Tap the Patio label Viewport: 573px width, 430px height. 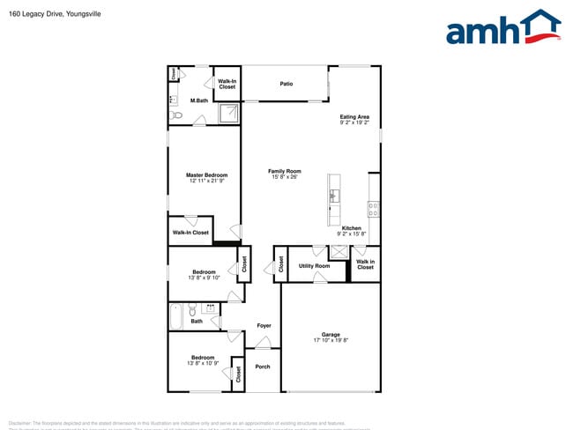[286, 84]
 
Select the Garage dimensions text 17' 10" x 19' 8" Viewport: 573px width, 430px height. [331, 340]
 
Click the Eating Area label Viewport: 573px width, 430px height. [354, 116]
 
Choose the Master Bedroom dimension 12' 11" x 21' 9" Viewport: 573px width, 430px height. [206, 181]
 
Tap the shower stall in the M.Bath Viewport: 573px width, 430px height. [229, 113]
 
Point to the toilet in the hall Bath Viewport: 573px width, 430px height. [192, 309]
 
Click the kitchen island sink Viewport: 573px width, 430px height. [334, 195]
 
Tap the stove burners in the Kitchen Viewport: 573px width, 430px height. [374, 209]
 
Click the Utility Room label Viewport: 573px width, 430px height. [314, 265]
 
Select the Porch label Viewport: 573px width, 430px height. [263, 367]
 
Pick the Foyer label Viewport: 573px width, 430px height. [264, 326]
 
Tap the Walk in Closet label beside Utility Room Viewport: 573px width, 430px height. [365, 264]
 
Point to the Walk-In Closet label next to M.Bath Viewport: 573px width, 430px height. [227, 84]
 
